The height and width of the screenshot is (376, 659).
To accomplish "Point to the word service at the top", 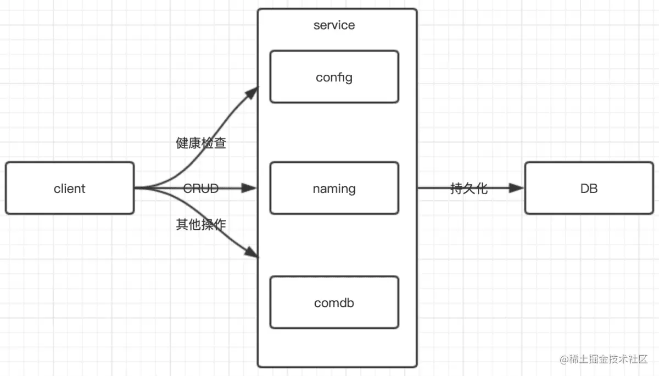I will coord(334,25).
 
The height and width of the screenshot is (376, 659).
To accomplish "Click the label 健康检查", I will coord(201,143).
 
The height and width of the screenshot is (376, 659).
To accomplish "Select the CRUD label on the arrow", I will coord(201,189).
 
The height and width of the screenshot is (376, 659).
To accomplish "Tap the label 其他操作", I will coord(201,224).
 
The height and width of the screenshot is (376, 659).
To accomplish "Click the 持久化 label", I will coord(468,189).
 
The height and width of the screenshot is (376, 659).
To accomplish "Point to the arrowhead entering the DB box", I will coord(517,188).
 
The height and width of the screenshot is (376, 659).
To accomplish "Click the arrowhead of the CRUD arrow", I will coord(250,188).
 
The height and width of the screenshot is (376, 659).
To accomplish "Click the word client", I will coord(70,189).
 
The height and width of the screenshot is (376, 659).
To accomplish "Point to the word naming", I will coord(334,189).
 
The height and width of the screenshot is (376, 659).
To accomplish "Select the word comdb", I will coord(334,303).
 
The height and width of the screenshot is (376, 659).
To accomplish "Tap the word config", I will coord(334,77).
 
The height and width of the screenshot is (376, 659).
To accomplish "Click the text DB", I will coord(589,189).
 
